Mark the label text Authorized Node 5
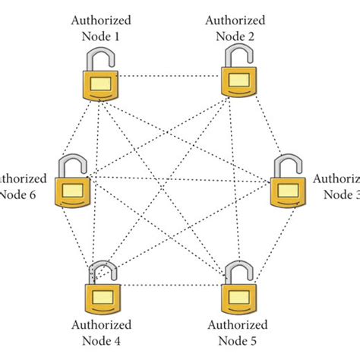pyautogui.click(x=236, y=333)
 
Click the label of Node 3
pyautogui.click(x=337, y=186)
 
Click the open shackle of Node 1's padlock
pyautogui.click(x=94, y=57)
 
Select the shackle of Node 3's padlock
pyautogui.click(x=286, y=163)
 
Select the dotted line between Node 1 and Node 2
pyautogui.click(x=171, y=76)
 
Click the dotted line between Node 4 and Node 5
pyautogui.click(x=172, y=286)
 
